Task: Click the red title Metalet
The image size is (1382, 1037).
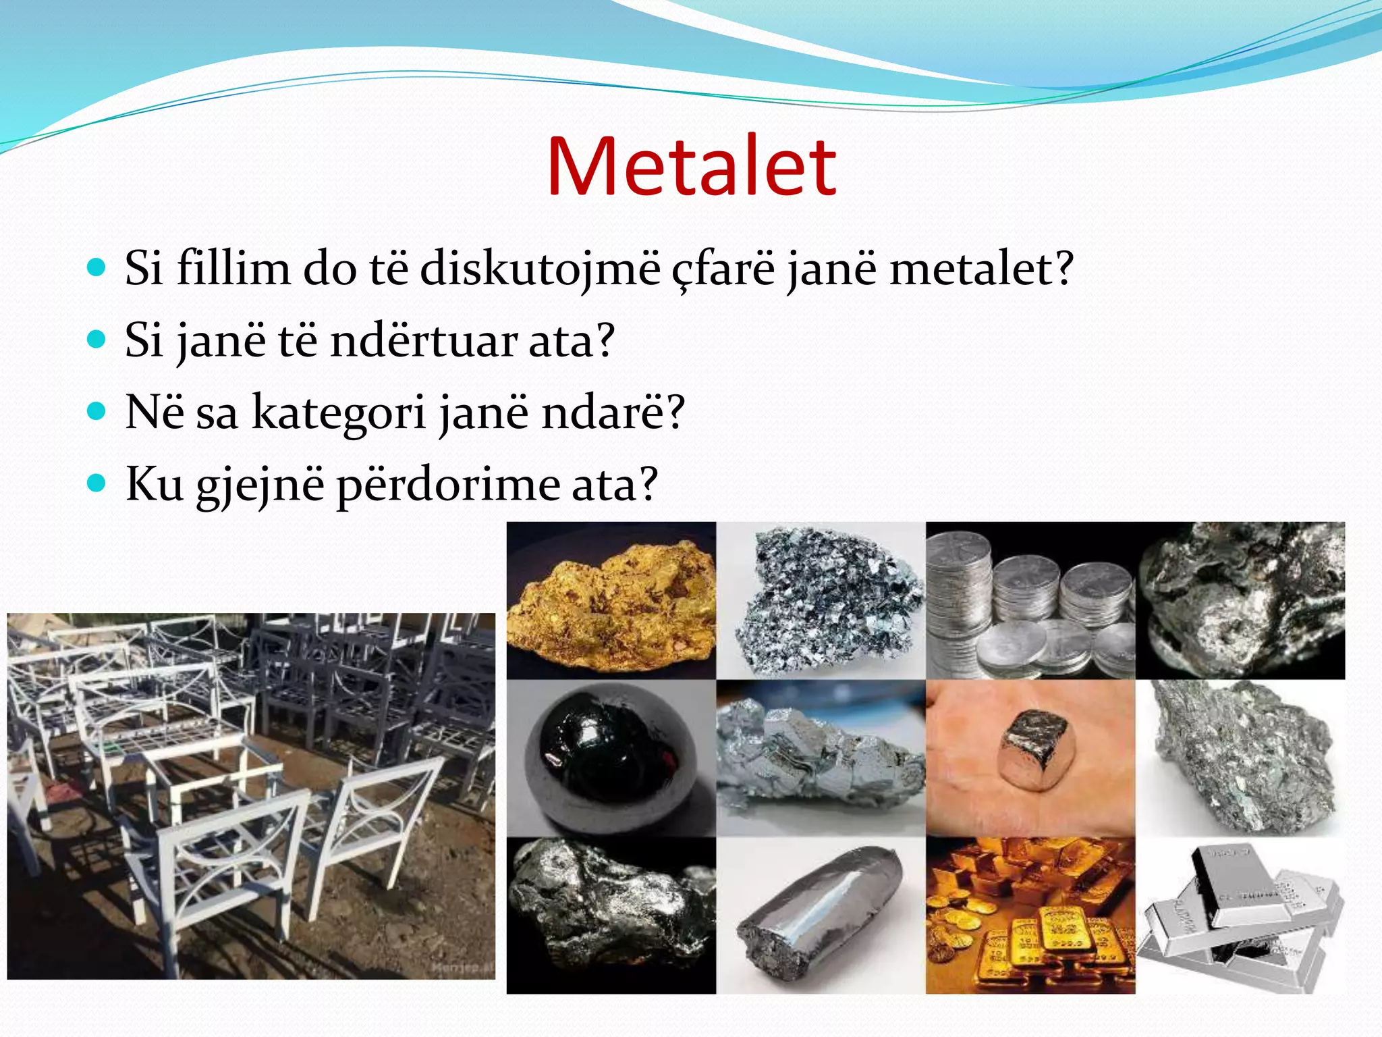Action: (x=691, y=167)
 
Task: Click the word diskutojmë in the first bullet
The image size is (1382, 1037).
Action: (x=540, y=268)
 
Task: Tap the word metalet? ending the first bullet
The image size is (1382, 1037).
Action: (x=980, y=268)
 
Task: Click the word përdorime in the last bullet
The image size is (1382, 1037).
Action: (x=447, y=485)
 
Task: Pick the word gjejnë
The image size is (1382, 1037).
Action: (x=260, y=485)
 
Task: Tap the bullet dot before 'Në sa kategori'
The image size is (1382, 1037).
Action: (x=97, y=410)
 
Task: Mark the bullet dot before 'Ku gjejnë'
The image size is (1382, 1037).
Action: (x=97, y=483)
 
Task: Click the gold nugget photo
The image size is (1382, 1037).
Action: (x=611, y=601)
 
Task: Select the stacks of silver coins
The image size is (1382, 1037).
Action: (x=1030, y=601)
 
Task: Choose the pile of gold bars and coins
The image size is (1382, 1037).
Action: (x=1030, y=915)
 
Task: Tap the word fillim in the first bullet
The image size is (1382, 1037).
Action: (x=233, y=268)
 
